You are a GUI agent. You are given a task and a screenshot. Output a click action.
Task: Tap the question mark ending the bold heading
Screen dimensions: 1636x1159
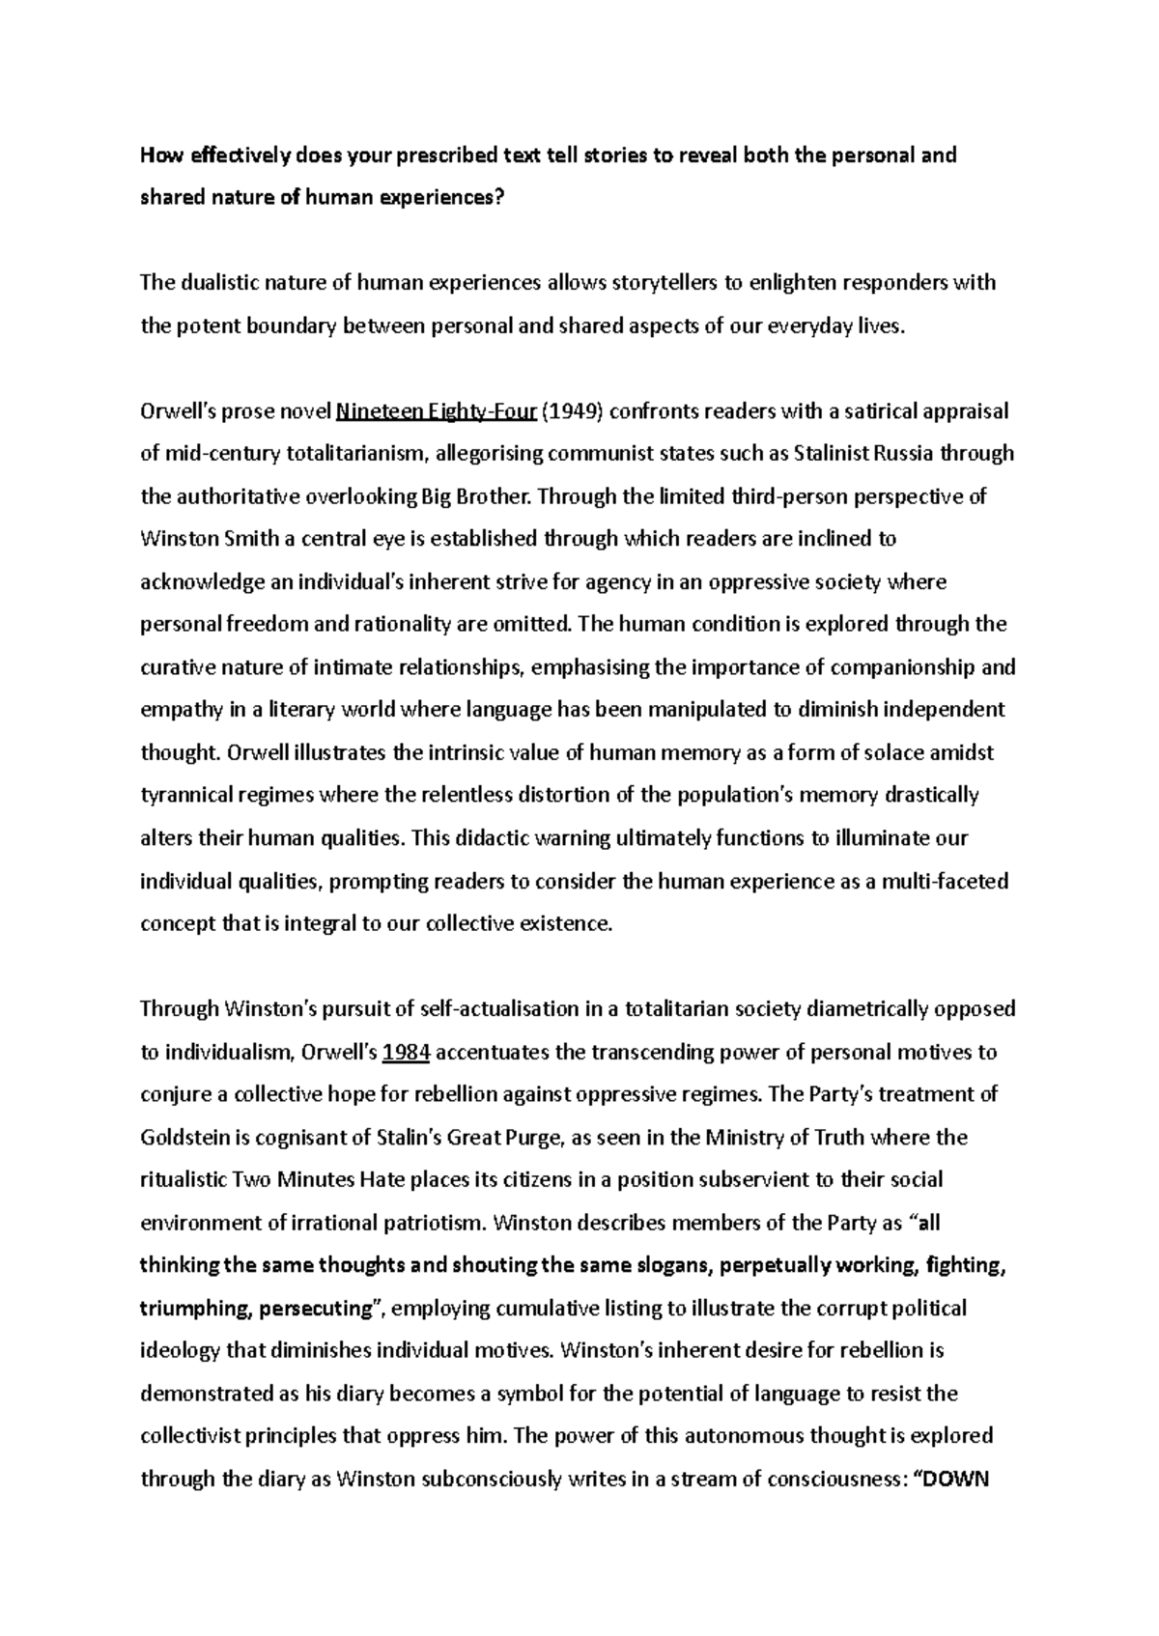[499, 198]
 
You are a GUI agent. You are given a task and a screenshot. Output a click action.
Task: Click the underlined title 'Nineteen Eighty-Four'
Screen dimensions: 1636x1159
[435, 411]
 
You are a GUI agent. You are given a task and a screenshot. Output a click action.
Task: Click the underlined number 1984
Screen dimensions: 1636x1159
[406, 1052]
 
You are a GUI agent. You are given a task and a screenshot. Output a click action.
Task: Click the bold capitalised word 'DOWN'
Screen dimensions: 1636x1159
[955, 1480]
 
